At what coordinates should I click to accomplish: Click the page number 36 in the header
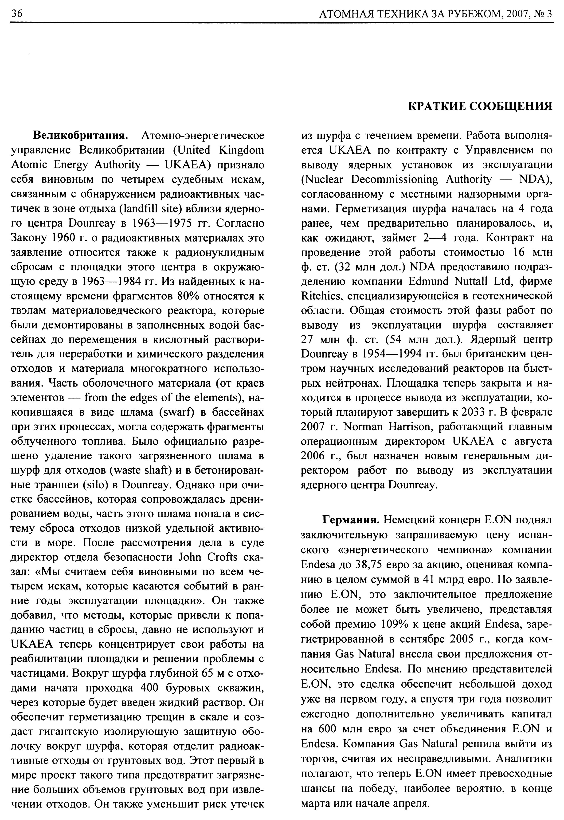[17, 14]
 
